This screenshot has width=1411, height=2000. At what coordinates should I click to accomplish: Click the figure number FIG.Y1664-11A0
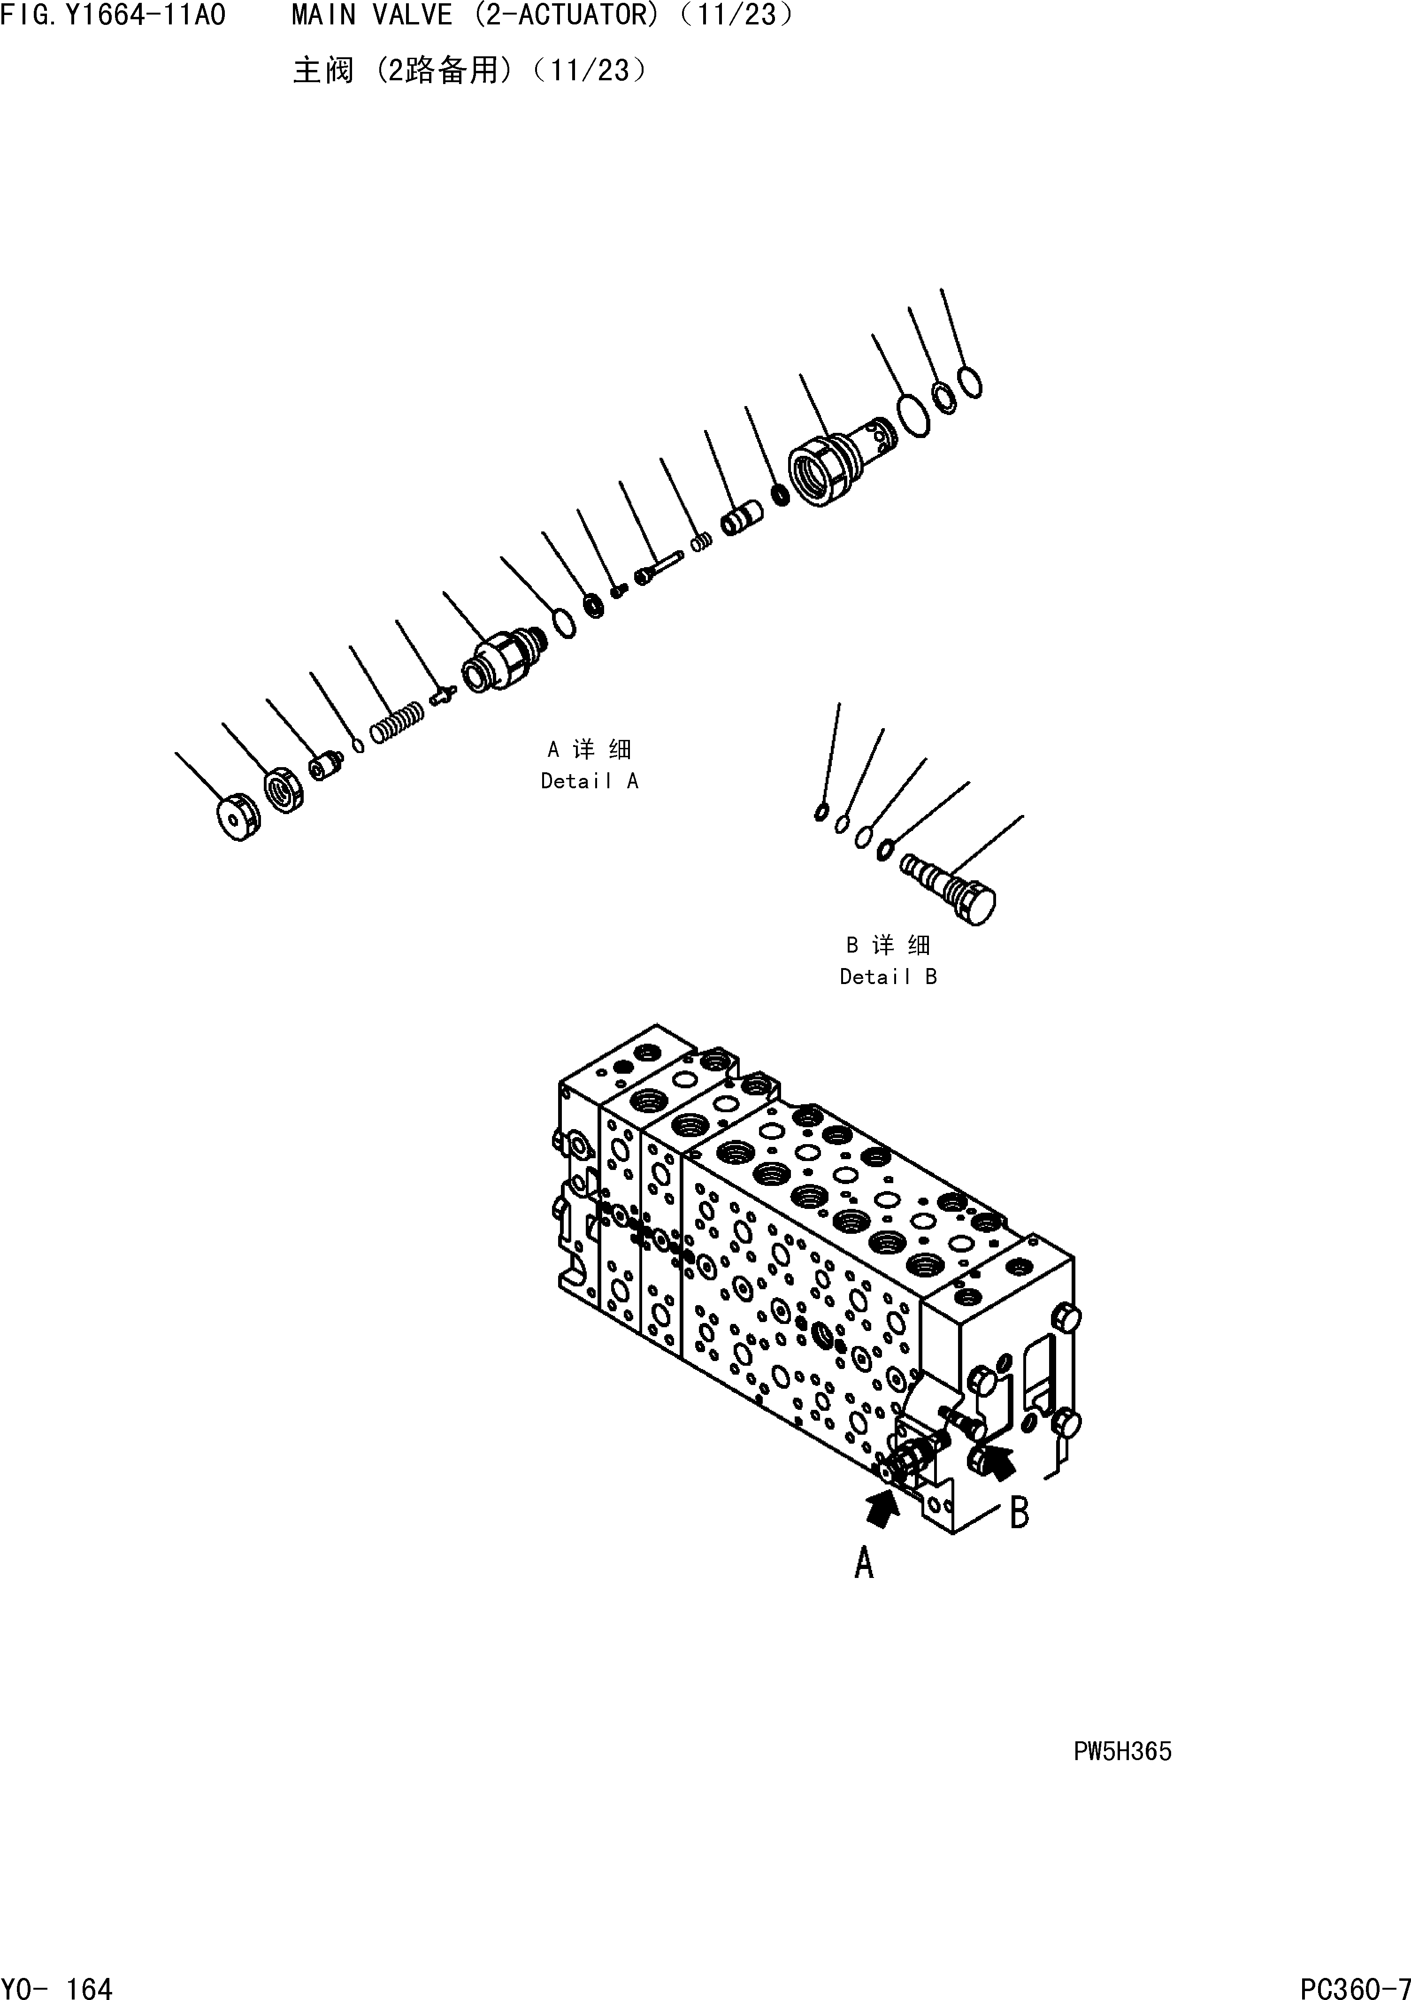pyautogui.click(x=113, y=15)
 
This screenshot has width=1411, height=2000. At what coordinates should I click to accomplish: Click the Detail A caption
pyautogui.click(x=590, y=781)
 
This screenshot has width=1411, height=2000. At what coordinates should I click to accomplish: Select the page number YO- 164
pyautogui.click(x=57, y=1983)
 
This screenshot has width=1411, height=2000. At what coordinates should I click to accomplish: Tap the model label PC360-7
pyautogui.click(x=1354, y=1983)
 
